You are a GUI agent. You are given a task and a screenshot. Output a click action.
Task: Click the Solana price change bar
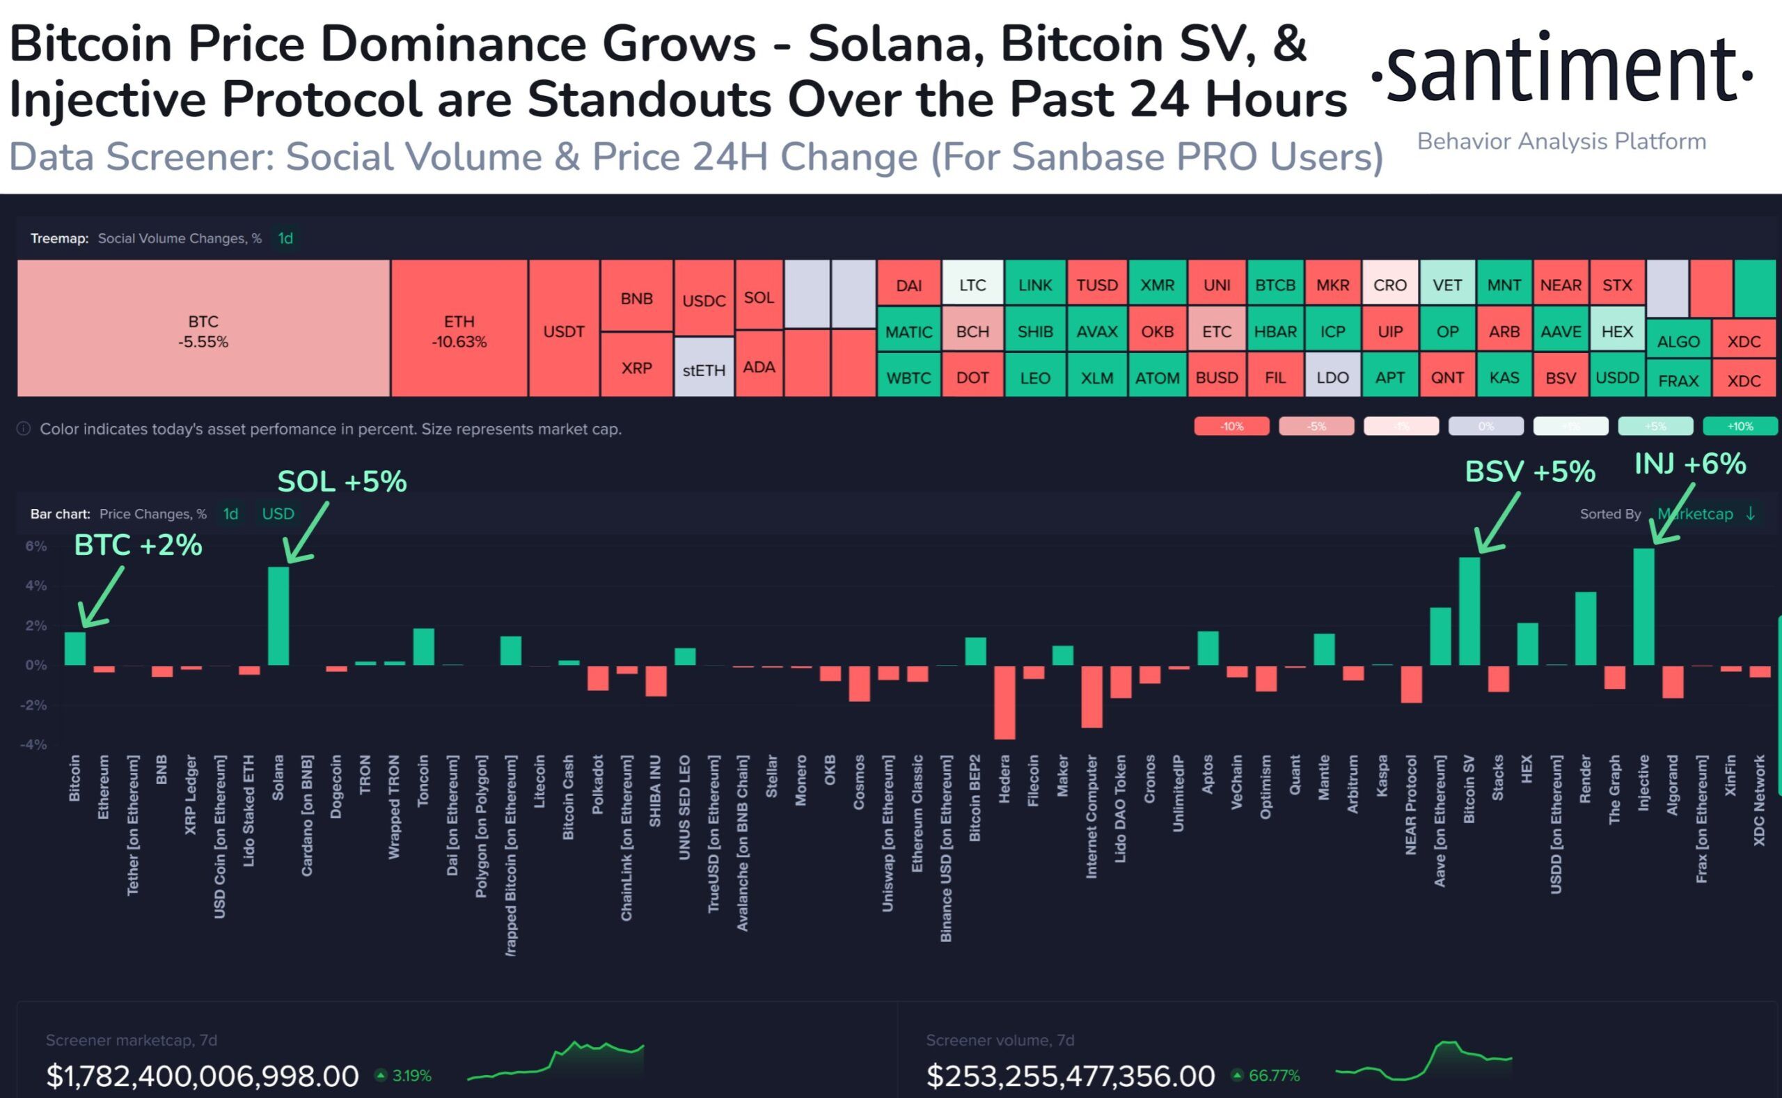coord(278,615)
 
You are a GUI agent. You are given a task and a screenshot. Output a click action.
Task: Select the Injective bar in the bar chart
coord(1643,607)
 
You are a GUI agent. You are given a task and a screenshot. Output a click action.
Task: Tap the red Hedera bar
coord(1004,703)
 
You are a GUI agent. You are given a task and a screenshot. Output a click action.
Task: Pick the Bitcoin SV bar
coord(1469,611)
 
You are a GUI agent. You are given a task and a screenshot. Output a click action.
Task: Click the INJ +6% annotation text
coord(1690,463)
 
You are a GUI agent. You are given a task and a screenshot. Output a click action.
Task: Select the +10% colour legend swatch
coord(1740,426)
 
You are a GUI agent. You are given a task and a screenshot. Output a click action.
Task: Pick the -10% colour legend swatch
coord(1231,426)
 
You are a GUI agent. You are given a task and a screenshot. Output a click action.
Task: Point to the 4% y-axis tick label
coord(36,586)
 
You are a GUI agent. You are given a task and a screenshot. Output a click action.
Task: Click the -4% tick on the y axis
coord(34,744)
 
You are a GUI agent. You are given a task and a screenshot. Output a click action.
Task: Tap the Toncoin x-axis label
coord(423,781)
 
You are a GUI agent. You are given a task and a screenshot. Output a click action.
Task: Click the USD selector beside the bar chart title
coord(278,514)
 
